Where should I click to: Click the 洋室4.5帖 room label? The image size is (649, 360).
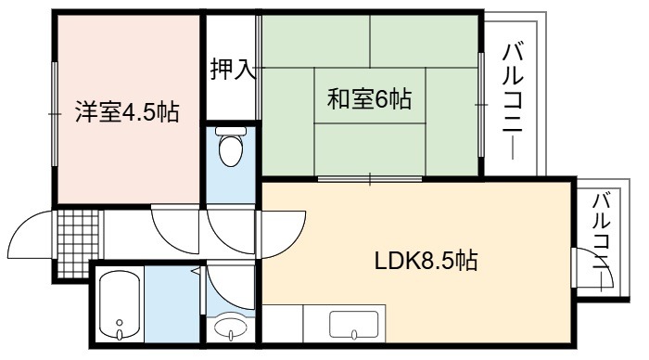coord(127,112)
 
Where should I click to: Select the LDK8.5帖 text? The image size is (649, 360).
coord(426,261)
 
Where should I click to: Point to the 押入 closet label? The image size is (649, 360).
coord(233,69)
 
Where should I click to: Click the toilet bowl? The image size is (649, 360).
coord(231,150)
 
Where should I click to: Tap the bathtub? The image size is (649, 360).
coord(120,305)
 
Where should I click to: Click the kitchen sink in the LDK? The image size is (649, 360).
coord(354,325)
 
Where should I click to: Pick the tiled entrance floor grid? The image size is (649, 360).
coord(78,244)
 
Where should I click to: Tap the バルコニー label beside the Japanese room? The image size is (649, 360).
coord(513,102)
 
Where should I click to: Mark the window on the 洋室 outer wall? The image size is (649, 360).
coord(54,114)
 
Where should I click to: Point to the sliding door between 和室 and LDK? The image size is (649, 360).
coord(370,179)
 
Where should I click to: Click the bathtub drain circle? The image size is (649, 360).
coord(120,322)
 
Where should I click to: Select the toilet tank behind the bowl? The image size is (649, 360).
coord(231,131)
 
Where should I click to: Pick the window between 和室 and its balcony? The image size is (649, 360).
coord(481,105)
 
